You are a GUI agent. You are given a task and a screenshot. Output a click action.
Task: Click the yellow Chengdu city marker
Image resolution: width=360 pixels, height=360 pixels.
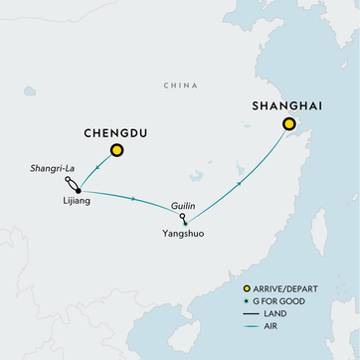(117, 151)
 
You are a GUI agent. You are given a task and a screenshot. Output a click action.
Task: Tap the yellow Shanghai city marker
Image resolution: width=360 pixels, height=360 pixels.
(289, 125)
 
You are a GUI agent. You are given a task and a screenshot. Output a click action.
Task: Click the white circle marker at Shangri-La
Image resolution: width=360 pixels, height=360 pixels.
(68, 182)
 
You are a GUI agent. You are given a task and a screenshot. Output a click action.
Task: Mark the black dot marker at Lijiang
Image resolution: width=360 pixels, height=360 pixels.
(77, 190)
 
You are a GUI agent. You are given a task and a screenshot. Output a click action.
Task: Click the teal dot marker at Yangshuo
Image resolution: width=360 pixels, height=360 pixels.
(186, 221)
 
